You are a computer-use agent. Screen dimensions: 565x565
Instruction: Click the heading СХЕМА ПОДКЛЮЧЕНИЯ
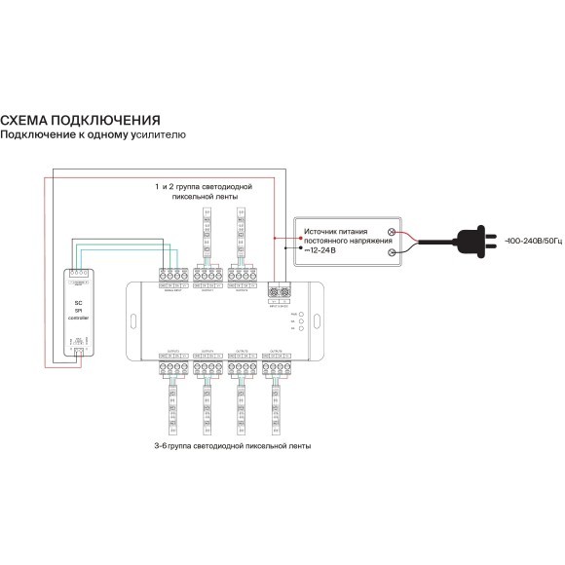pyautogui.click(x=80, y=119)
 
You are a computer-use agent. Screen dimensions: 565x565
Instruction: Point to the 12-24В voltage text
pyautogui.click(x=319, y=250)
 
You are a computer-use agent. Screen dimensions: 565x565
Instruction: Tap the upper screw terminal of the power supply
pyautogui.click(x=392, y=231)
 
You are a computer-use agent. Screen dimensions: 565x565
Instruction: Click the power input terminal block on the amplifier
pyautogui.click(x=280, y=288)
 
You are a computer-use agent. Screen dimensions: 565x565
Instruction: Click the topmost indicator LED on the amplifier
pyautogui.click(x=303, y=313)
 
